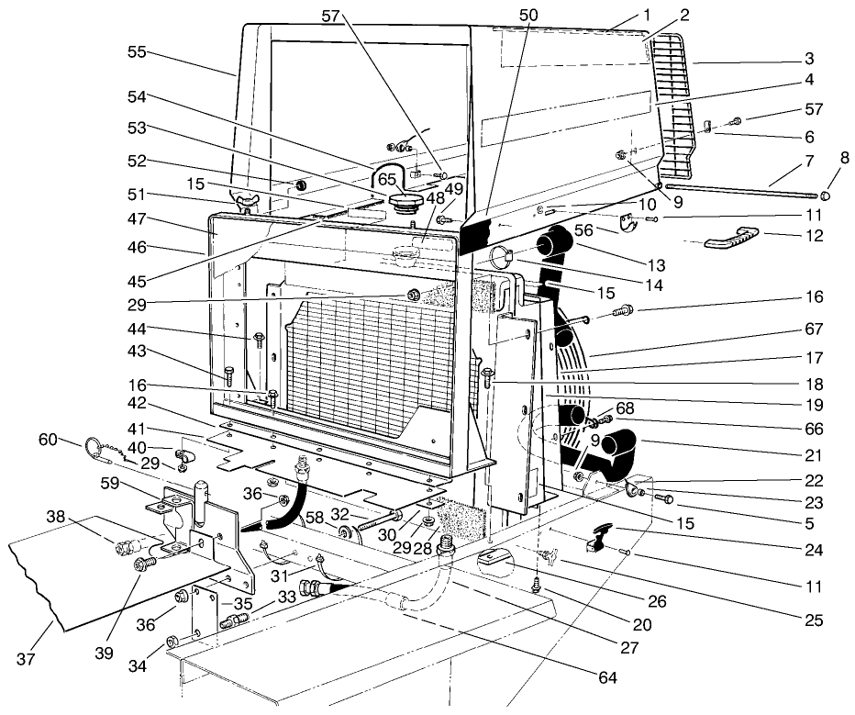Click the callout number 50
tap(528, 17)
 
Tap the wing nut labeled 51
tap(249, 201)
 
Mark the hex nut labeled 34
tap(172, 639)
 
